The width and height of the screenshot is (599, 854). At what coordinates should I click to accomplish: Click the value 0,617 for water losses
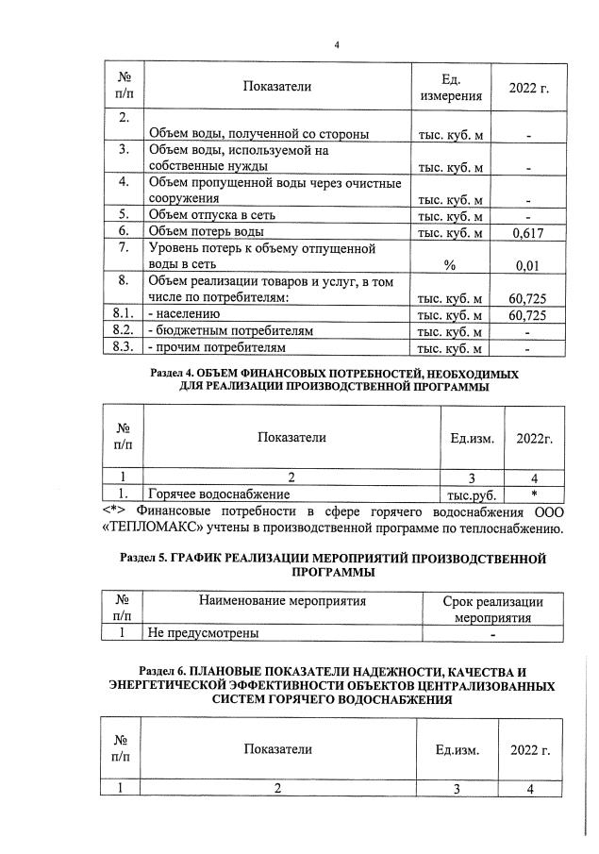pos(528,231)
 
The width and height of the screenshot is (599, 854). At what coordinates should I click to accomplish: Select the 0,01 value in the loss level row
pos(528,265)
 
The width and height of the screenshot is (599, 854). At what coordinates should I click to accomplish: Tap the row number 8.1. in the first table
pos(120,314)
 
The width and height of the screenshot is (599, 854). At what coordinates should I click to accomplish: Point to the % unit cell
pos(450,265)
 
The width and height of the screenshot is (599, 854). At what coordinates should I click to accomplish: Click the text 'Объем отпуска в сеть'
pos(211,214)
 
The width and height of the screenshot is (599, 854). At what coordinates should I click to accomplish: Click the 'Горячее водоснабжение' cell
pos(218,493)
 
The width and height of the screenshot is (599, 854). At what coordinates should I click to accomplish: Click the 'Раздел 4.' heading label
pos(178,375)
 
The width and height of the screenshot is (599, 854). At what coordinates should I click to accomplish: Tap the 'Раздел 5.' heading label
pos(150,558)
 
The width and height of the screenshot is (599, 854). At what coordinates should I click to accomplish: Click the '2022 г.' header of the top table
pos(528,88)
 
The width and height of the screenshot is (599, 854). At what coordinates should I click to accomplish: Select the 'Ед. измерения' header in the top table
pos(450,88)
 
